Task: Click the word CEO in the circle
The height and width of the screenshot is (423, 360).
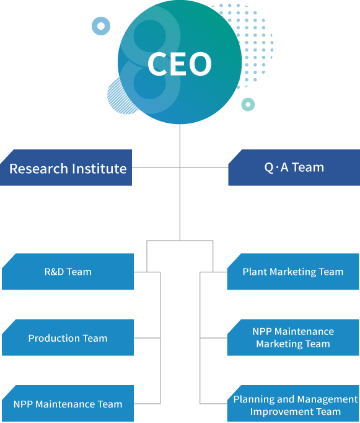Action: (x=180, y=64)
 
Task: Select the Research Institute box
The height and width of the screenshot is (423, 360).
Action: (x=66, y=167)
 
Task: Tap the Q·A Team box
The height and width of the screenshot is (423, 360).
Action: (x=294, y=167)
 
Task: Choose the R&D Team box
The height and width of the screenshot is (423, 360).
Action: (x=68, y=272)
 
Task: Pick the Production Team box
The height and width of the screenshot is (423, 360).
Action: (x=68, y=338)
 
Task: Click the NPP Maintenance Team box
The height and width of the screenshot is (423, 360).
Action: (x=68, y=404)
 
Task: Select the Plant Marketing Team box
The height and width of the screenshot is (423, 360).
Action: (x=293, y=272)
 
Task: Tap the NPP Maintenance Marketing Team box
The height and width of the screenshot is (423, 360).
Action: (x=293, y=338)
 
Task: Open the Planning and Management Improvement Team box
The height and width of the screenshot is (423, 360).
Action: (x=293, y=404)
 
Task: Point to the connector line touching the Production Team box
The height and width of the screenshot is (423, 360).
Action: (x=147, y=338)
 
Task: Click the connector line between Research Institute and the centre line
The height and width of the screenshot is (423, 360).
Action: (x=156, y=167)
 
